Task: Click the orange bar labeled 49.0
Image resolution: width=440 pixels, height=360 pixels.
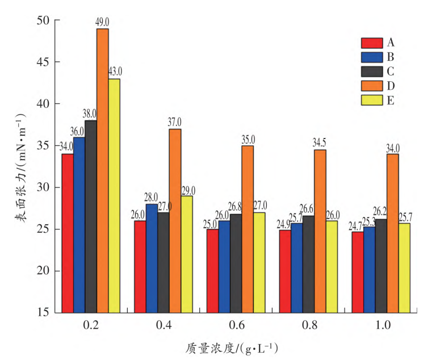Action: pyautogui.click(x=102, y=170)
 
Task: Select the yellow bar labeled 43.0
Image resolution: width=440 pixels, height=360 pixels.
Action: pyautogui.click(x=114, y=196)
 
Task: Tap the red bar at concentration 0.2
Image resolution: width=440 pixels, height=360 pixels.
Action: pyautogui.click(x=68, y=233)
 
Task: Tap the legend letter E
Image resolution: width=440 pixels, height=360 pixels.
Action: pyautogui.click(x=391, y=101)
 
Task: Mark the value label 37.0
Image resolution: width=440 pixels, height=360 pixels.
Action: pyautogui.click(x=175, y=122)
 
